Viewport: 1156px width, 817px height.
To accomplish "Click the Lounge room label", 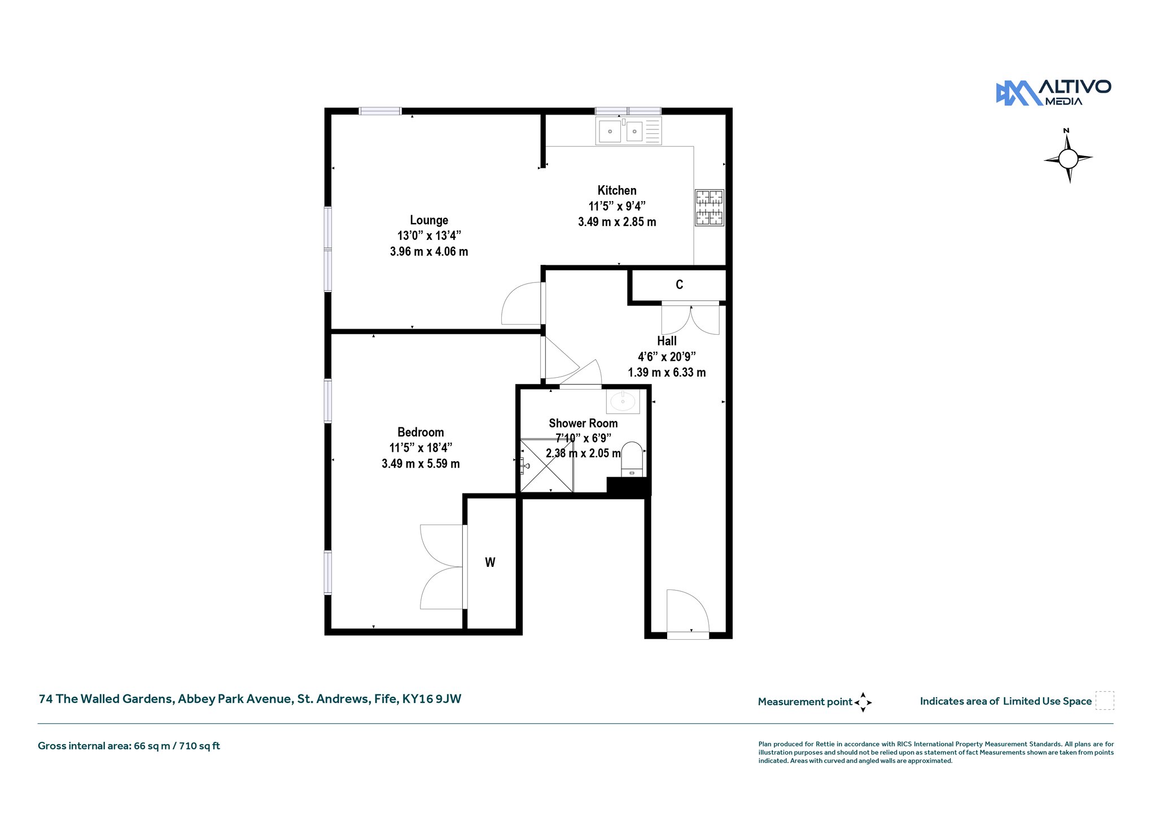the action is click(429, 220).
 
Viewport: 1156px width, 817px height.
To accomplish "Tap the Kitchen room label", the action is click(617, 190).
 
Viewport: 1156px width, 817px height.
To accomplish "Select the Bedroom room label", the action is click(421, 432).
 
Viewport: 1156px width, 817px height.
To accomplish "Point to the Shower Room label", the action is click(583, 423).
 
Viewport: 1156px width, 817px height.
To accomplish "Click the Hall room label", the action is click(667, 341).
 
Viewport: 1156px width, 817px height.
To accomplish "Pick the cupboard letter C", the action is click(680, 285).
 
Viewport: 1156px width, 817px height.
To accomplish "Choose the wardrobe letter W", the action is click(490, 562).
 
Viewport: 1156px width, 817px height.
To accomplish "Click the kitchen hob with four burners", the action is click(710, 208).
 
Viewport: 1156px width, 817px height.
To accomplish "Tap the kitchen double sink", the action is click(628, 131).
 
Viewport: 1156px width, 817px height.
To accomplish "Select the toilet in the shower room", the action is click(632, 459).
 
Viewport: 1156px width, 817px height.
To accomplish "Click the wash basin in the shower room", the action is click(623, 401).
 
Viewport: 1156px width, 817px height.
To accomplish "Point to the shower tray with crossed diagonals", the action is click(546, 466).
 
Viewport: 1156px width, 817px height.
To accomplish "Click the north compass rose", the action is click(1068, 158).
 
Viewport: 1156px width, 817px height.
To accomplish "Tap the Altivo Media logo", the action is click(1053, 93).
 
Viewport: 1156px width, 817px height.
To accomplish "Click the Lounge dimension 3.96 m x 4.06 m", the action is click(429, 251).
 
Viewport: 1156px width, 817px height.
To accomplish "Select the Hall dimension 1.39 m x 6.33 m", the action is click(667, 372).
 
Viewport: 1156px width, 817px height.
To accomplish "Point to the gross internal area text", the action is click(129, 746).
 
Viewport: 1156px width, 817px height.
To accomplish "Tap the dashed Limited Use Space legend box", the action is click(1105, 701).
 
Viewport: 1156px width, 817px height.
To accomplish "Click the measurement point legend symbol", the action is click(863, 702).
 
